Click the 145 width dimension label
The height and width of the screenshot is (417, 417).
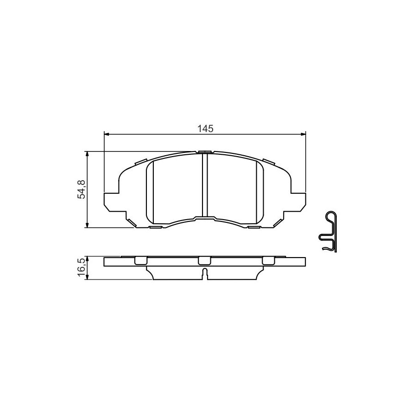[x=205, y=129]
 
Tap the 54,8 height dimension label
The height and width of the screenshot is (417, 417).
[x=81, y=189]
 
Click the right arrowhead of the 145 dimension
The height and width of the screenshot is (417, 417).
[x=303, y=134]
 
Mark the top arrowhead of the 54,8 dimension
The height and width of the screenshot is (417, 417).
[x=87, y=154]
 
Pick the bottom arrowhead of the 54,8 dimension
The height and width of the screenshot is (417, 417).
[x=87, y=225]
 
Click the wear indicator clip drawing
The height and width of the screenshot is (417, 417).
[x=328, y=232]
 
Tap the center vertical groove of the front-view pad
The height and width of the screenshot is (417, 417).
[x=204, y=185]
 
